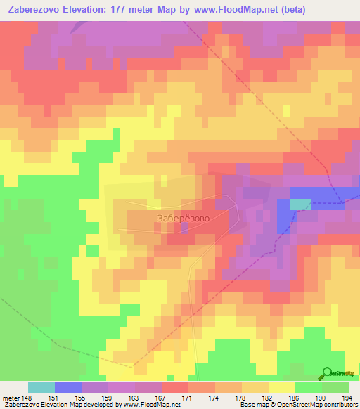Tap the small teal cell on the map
(300, 204)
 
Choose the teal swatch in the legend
(41, 387)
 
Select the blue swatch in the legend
(68, 387)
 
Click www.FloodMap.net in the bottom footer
(146, 405)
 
